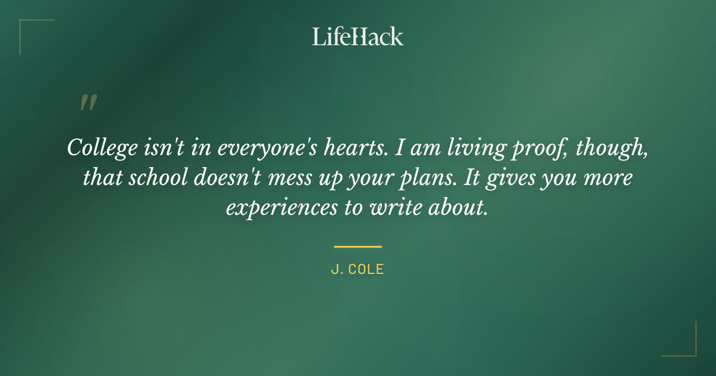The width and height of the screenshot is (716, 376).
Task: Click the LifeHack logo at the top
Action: point(357,36)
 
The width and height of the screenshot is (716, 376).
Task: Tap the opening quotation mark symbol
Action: point(88,103)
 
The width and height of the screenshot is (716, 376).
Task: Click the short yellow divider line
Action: point(357,246)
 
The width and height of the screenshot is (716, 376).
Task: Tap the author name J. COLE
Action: point(357,269)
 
